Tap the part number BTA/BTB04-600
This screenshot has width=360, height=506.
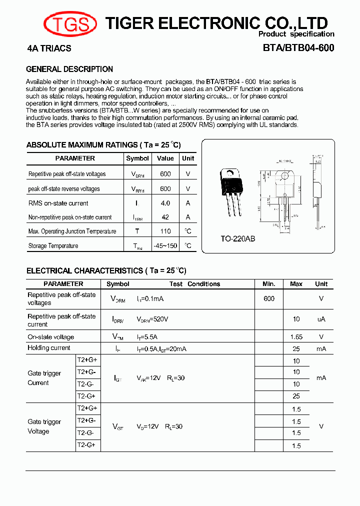[298, 48]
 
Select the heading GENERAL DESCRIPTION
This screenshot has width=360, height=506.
[69, 69]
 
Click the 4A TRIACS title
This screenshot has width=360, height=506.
[49, 48]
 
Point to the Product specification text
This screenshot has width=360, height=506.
[296, 34]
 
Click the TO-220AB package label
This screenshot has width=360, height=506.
[238, 239]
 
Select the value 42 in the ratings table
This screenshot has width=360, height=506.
[165, 217]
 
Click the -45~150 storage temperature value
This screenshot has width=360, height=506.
[165, 245]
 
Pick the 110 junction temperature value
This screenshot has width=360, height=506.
[165, 231]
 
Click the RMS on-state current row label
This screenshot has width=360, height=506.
[58, 203]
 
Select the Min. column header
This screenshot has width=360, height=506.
[269, 284]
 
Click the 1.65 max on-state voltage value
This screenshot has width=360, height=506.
[296, 337]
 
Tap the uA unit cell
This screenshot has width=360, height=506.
[321, 319]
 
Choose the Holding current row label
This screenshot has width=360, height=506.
[49, 348]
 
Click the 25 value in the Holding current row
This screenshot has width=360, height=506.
[296, 348]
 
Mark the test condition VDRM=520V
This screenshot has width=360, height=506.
[152, 319]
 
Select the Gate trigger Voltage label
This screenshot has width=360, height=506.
[44, 426]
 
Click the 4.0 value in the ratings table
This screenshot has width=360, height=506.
[165, 203]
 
